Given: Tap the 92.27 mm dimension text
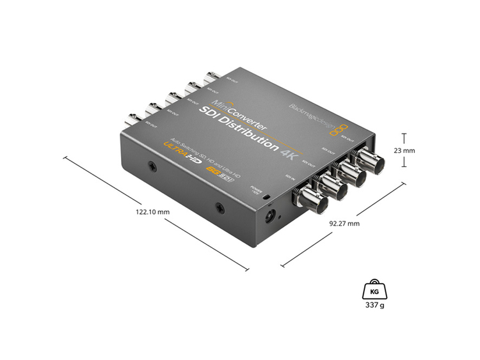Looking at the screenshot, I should click(344, 224).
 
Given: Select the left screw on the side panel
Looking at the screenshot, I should click(152, 168).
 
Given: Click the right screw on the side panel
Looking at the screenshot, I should click(220, 207).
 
